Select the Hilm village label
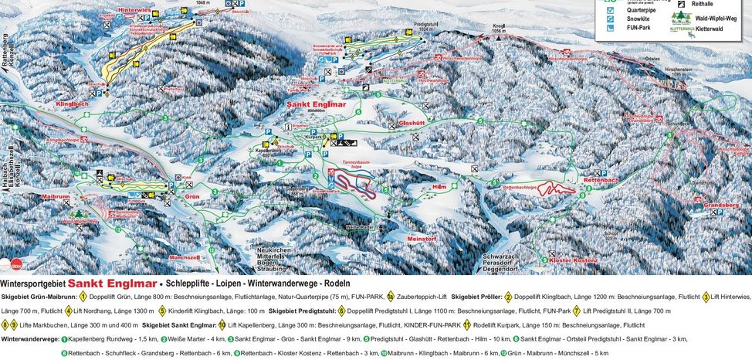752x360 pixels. (x=439, y=187)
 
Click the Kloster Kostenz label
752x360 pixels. (x=574, y=261)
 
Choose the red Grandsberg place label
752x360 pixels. (x=710, y=205)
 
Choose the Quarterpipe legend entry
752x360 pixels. (x=631, y=11)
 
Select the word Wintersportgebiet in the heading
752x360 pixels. (x=34, y=284)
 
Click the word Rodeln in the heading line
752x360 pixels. (x=337, y=284)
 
